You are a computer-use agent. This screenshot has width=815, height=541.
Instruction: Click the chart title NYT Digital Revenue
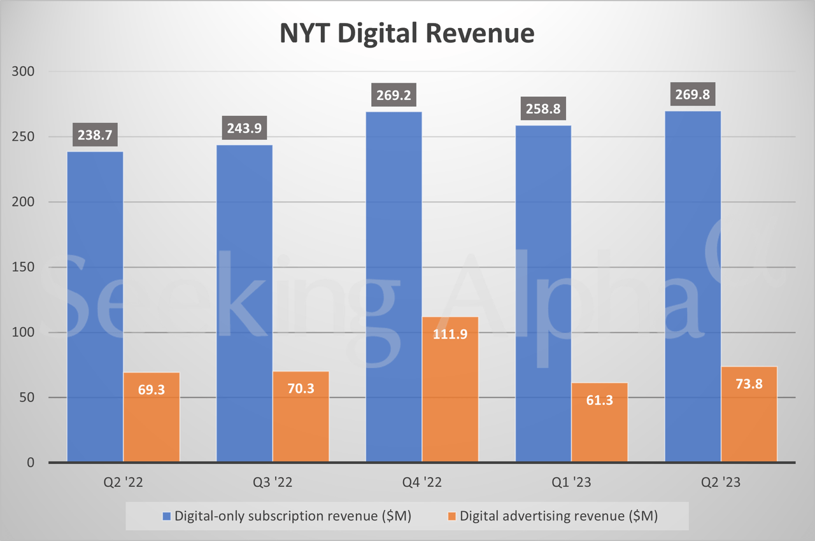click(407, 33)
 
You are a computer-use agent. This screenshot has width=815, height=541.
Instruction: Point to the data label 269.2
click(393, 96)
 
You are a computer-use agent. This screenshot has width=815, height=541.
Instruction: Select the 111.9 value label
click(450, 334)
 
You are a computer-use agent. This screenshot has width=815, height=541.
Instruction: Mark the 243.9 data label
click(244, 129)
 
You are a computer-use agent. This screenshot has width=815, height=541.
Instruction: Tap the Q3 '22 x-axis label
click(273, 484)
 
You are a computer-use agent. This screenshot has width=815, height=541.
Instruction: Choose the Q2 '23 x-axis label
click(721, 484)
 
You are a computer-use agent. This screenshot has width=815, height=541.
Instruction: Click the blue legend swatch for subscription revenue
click(167, 516)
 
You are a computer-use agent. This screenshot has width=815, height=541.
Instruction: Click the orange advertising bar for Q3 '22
click(301, 417)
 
